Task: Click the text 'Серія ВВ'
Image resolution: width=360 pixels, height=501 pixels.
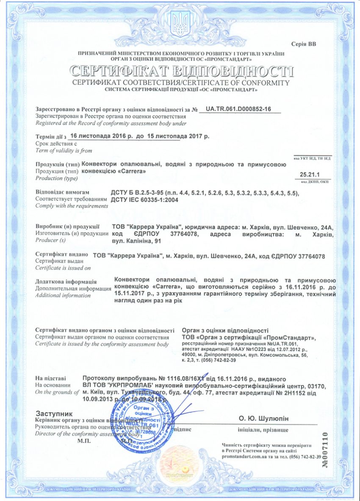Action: point(304,44)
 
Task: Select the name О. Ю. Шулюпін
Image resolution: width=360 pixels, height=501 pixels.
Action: point(263,418)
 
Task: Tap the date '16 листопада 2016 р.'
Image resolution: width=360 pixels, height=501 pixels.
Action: point(100,137)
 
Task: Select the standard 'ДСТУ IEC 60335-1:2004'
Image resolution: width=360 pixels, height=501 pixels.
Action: point(143,199)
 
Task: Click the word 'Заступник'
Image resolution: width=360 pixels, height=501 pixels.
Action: point(54,413)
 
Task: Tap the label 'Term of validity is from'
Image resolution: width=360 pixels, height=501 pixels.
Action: point(64,150)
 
